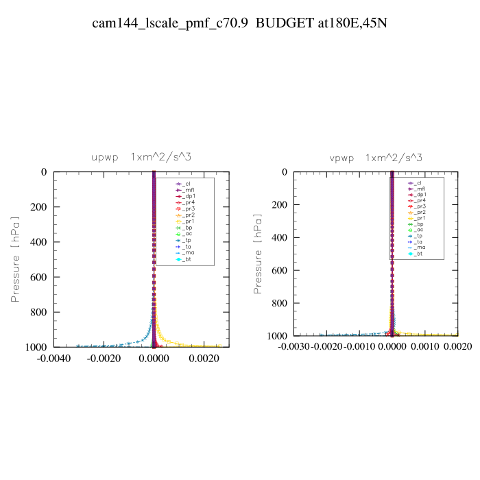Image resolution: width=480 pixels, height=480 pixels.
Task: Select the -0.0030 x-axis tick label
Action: pos(294,347)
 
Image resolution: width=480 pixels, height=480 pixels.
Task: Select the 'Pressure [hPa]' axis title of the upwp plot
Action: pos(15,259)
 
